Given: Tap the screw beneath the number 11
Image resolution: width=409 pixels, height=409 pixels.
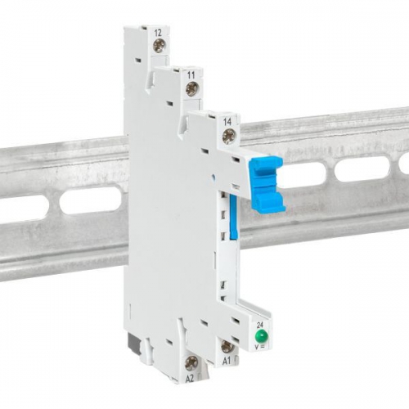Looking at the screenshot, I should click(191, 90).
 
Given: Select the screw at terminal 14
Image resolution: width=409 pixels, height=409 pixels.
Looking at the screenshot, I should click(228, 133).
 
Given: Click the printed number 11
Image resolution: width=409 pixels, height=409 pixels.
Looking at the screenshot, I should click(191, 74).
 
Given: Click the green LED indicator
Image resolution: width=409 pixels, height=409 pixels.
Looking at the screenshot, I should click(260, 337).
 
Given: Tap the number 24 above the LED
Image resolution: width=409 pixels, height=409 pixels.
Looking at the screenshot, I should click(260, 324).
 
